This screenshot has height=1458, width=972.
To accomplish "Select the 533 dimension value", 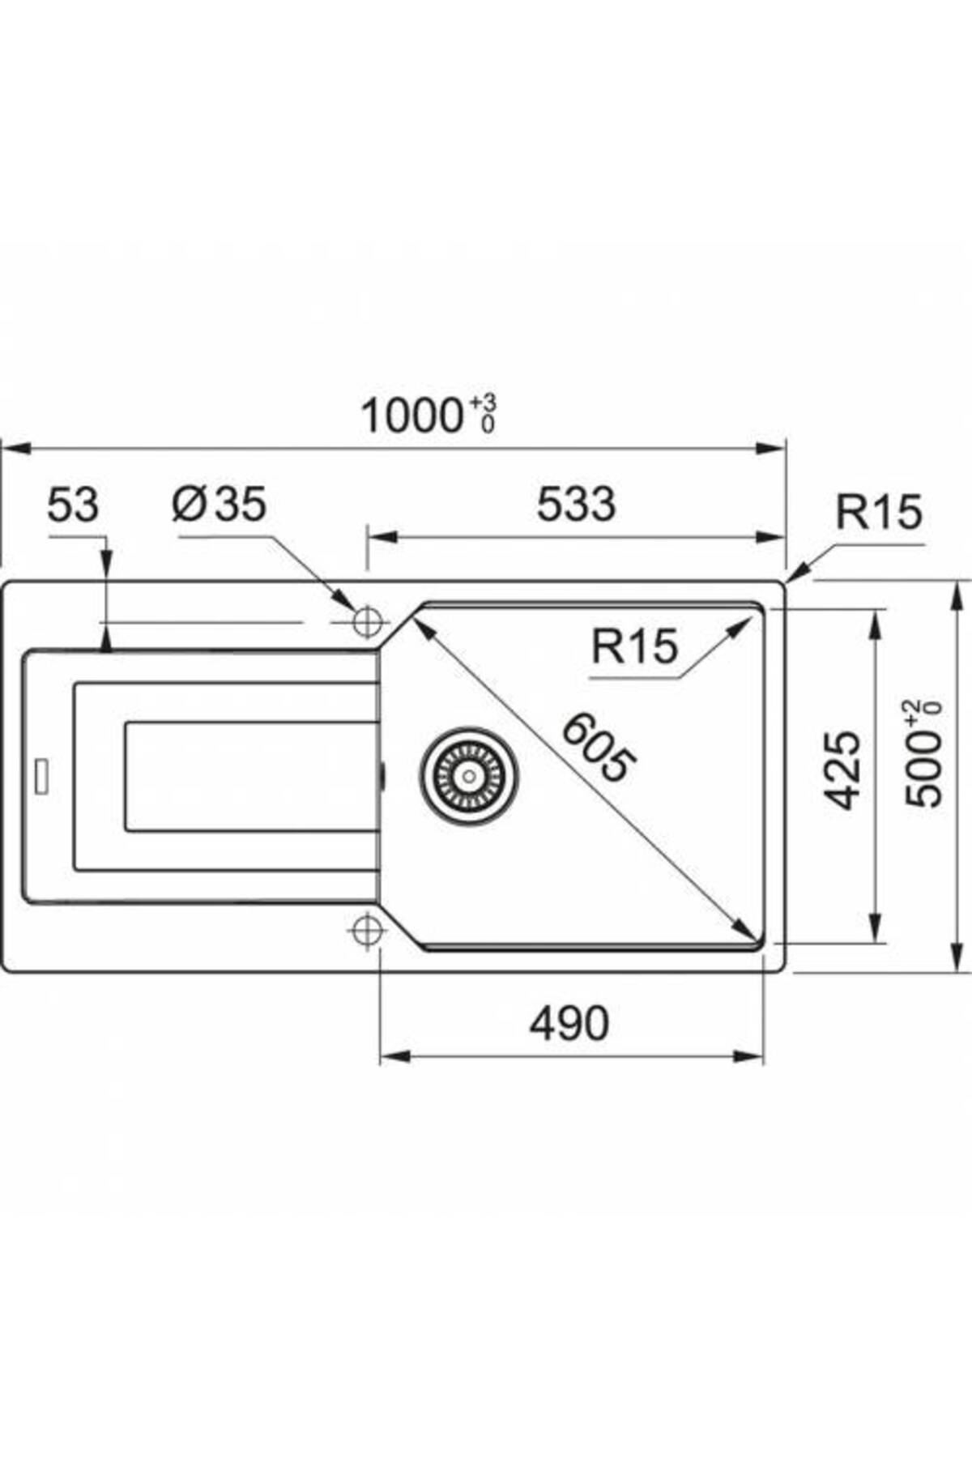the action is pos(576,504).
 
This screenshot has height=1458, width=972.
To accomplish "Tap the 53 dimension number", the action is pos(73,505).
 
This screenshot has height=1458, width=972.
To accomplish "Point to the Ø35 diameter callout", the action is pos(219,505).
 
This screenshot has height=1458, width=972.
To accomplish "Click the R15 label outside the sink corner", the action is pos(879,512).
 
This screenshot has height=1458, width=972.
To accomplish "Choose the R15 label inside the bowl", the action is pos(634,646).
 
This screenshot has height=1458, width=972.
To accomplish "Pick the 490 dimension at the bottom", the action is pos(569,1023).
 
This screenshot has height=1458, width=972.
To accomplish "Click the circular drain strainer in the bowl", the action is pos(469,776).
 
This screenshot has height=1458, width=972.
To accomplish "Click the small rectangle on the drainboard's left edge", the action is pos(40,778).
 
